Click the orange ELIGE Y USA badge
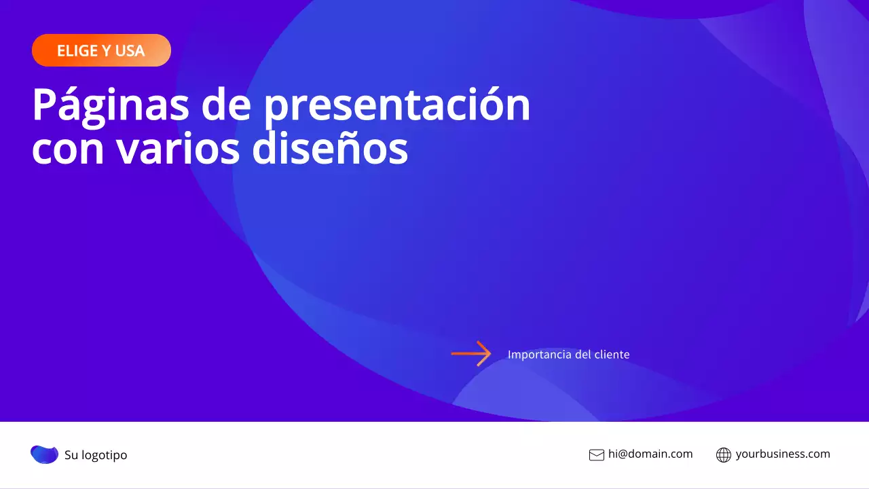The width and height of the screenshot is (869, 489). (101, 50)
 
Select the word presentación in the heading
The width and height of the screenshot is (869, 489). (397, 105)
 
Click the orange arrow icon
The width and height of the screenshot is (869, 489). (471, 354)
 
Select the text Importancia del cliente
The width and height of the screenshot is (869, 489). (568, 355)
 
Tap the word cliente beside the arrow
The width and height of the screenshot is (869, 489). (612, 355)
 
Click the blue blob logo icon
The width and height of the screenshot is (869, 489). (45, 454)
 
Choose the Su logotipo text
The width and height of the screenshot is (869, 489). (96, 455)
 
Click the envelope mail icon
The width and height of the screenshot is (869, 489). (596, 455)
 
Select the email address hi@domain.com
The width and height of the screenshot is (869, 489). (650, 454)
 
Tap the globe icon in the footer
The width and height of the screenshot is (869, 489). (724, 455)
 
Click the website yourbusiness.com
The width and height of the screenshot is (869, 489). (783, 454)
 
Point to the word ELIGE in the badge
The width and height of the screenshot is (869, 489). (76, 51)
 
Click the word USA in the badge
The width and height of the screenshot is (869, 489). (130, 51)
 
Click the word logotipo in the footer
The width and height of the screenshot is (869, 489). (105, 455)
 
